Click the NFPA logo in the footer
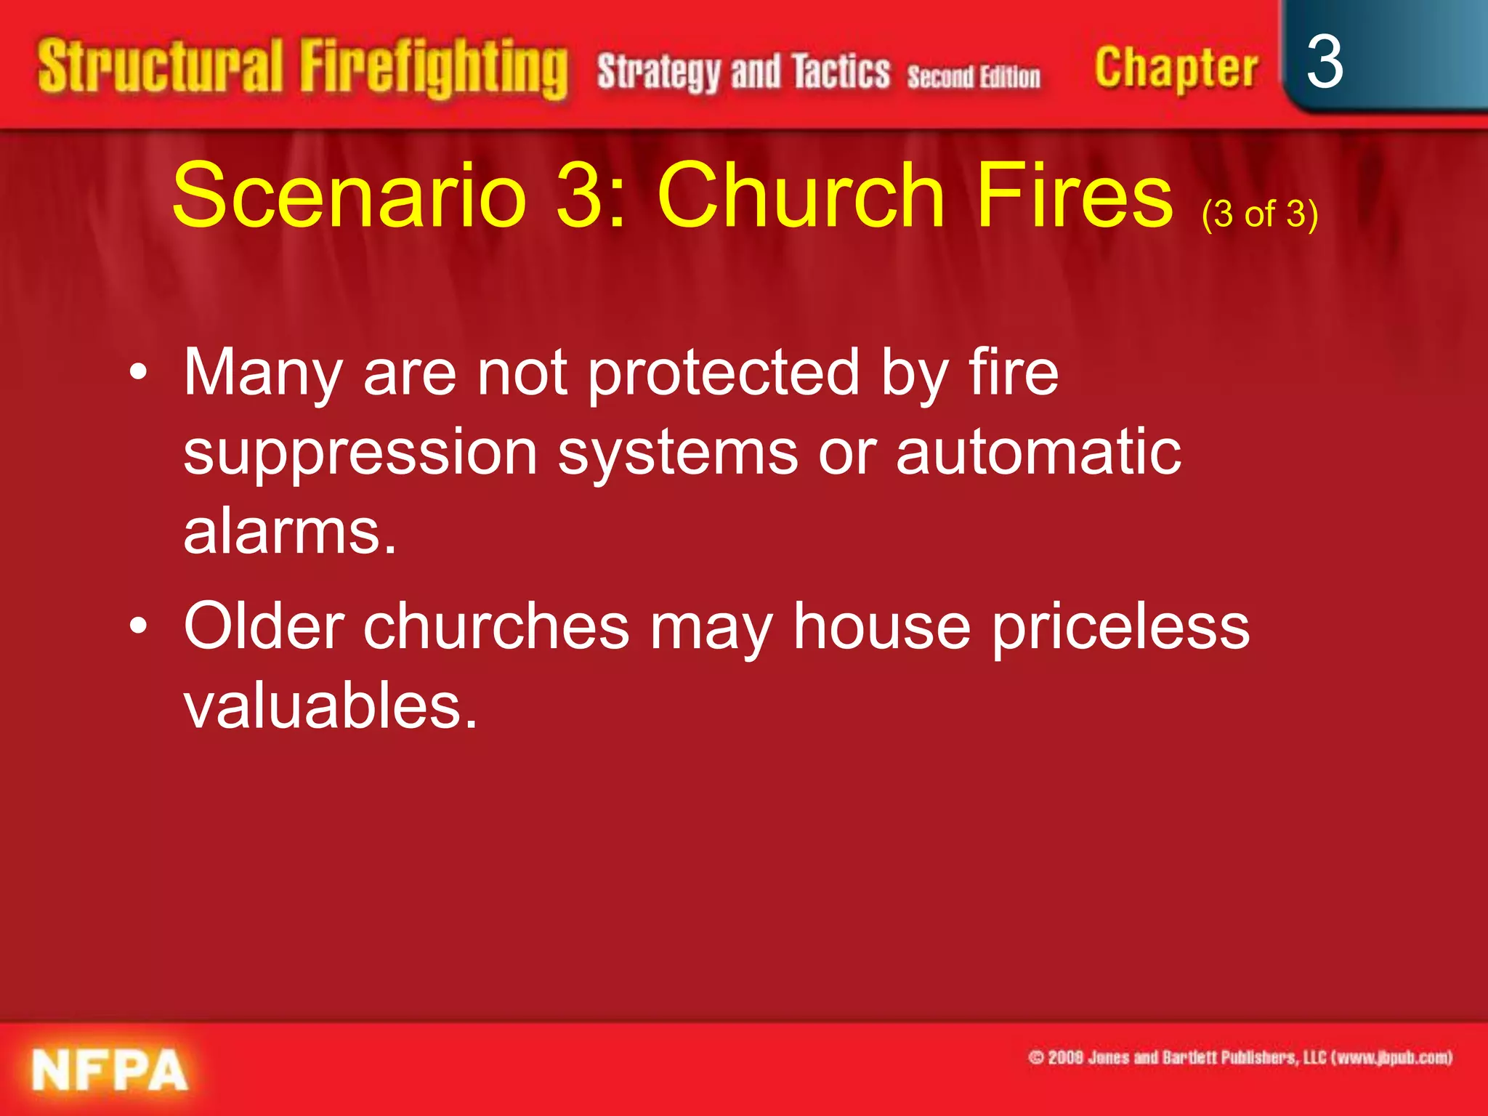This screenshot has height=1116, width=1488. pos(110,1070)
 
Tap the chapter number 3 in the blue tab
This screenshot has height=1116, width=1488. pos(1324,62)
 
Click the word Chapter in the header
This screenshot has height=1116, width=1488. pos(1176,68)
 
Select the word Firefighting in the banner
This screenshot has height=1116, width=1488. pos(434,68)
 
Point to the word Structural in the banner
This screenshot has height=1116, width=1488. pos(160,67)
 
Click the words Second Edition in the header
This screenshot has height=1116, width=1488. pos(974,76)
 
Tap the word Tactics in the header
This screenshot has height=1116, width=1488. pos(841,72)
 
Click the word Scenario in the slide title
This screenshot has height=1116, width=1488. pos(349,195)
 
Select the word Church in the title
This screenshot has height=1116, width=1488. pos(801,195)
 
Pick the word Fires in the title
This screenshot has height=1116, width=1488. pos(1075,195)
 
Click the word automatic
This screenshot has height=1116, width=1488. pos(1038,452)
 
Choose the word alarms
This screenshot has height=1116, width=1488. pos(289,532)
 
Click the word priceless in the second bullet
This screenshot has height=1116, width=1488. pos(1121,626)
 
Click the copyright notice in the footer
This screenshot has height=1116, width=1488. pos(1240,1057)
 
